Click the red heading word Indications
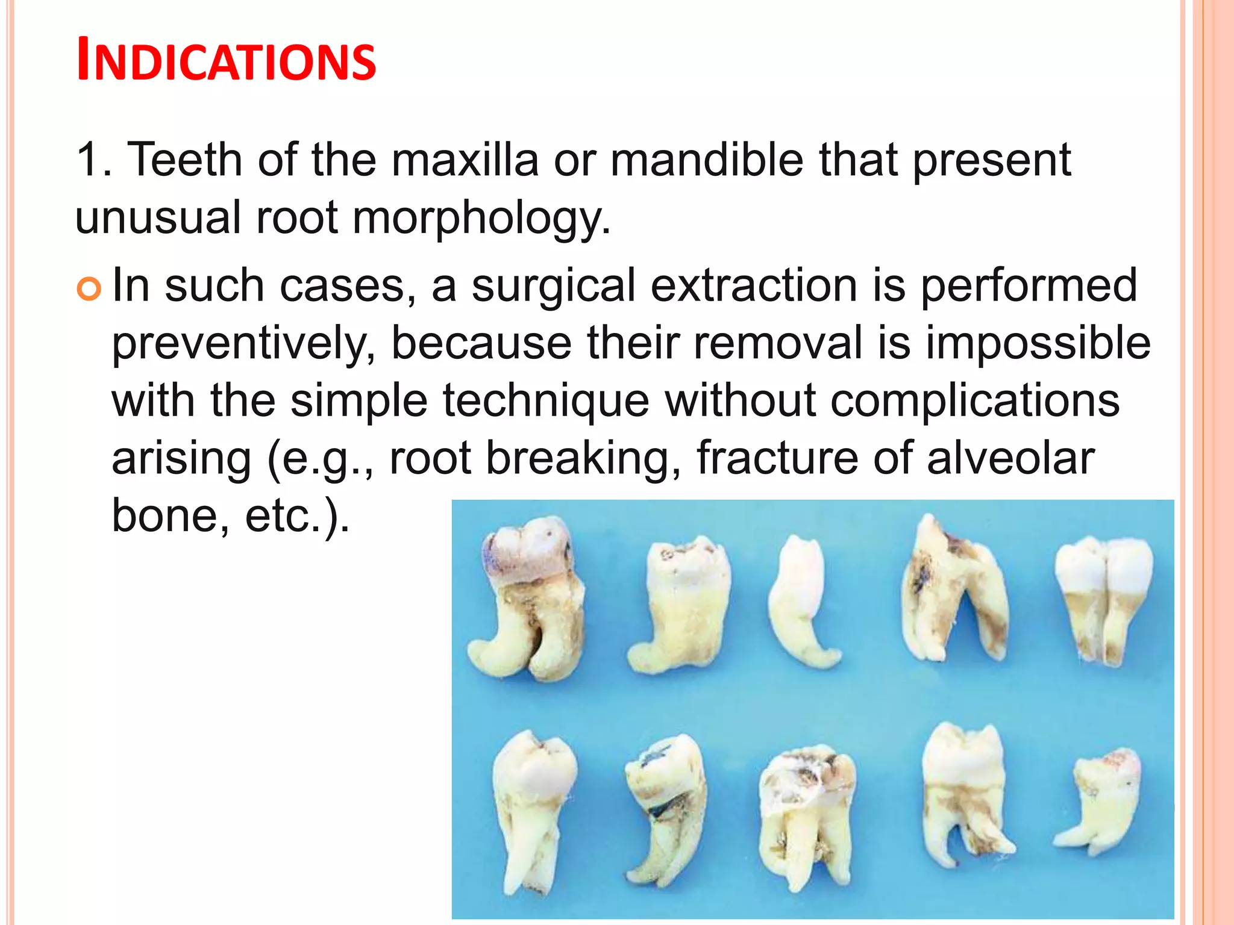click(x=226, y=60)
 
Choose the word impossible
click(x=1038, y=343)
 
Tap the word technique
click(x=546, y=401)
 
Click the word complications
click(x=975, y=401)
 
